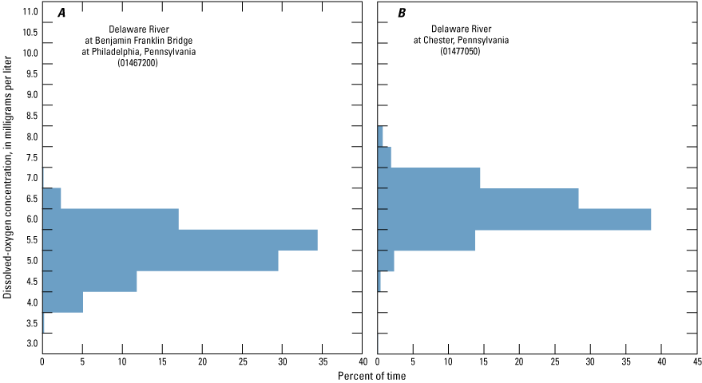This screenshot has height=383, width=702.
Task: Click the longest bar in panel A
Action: coord(180,240)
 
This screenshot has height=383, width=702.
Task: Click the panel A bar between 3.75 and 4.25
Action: coord(62,302)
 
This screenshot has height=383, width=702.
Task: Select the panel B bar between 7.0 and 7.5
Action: coord(428,178)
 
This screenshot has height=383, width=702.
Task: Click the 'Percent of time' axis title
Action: coord(369,375)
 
